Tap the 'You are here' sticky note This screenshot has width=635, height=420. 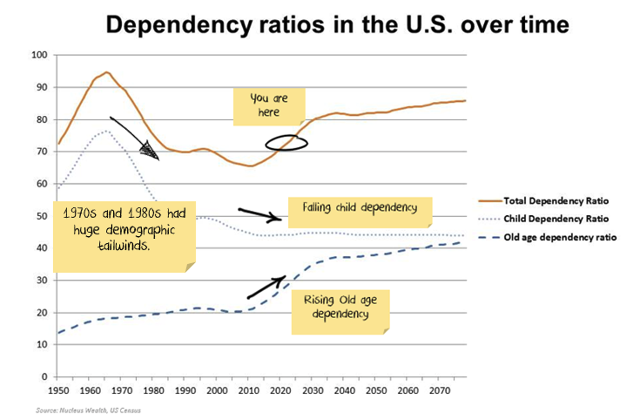[x=269, y=106]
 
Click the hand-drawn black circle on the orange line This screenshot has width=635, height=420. [x=287, y=143]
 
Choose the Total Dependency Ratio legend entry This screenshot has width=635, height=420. [x=555, y=201]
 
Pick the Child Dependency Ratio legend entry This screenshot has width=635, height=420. [x=556, y=219]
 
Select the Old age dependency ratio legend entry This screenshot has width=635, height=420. [x=560, y=237]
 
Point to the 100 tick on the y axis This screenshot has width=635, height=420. [x=40, y=55]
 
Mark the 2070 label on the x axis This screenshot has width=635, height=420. [x=437, y=389]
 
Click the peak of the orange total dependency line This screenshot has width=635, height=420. [x=107, y=72]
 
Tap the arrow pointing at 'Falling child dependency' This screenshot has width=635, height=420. [x=260, y=214]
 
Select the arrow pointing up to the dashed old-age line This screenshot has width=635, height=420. [x=266, y=287]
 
